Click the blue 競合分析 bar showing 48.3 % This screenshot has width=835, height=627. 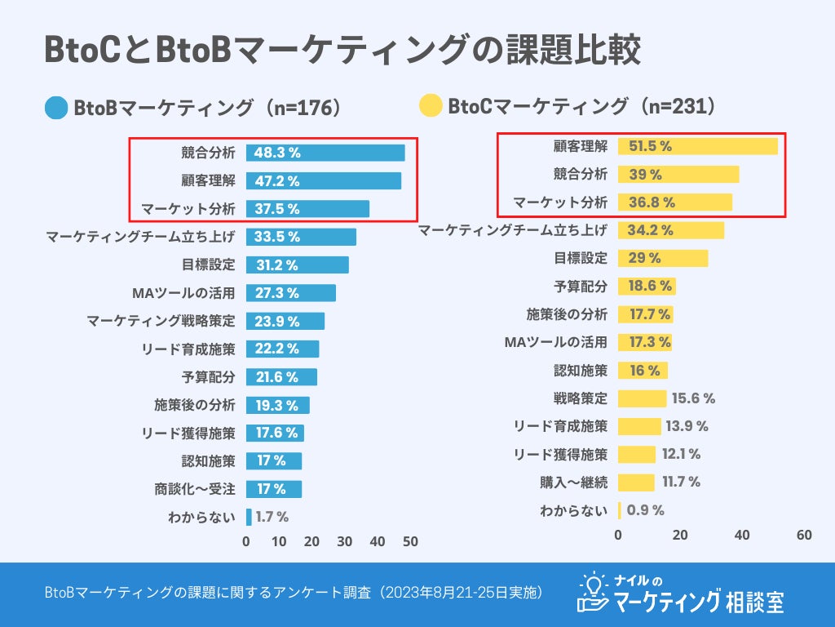[325, 153]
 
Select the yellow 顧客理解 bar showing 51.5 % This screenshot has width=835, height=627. [698, 146]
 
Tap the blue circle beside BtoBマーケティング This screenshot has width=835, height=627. [56, 108]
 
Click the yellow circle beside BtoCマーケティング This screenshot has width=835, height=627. [430, 106]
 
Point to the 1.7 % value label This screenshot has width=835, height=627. [272, 517]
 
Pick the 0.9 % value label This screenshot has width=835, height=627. [646, 510]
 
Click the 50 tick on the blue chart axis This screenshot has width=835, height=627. [410, 541]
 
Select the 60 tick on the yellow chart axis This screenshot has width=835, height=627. [804, 535]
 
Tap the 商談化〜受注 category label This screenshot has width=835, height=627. [195, 489]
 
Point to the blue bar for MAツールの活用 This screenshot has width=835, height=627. [290, 293]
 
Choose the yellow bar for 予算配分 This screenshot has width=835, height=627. [647, 287]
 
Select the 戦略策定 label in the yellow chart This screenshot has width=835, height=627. [581, 399]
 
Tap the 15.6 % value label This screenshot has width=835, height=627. [693, 399]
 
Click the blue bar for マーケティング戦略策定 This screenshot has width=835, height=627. [285, 321]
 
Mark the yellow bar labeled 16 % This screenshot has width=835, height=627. [643, 371]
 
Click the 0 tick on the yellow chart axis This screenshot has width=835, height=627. [618, 535]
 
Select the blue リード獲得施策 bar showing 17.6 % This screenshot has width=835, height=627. [275, 433]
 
